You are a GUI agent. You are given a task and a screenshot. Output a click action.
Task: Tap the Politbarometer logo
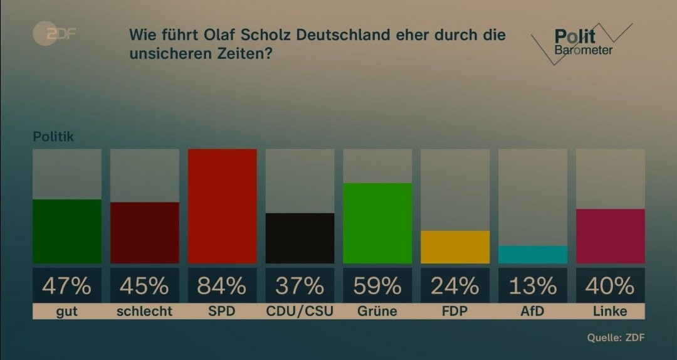click(x=582, y=43)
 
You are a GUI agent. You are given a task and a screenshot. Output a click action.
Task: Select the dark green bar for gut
click(x=67, y=231)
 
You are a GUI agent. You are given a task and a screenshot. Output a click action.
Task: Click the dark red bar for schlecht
click(x=145, y=232)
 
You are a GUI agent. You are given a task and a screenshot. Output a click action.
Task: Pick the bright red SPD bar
click(x=223, y=206)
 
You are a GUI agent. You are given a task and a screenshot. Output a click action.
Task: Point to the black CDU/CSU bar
click(x=300, y=238)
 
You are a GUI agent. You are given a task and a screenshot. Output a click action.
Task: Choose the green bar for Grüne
click(x=377, y=223)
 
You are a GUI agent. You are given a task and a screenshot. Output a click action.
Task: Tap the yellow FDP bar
click(x=455, y=246)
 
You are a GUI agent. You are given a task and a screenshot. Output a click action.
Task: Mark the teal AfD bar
click(x=533, y=254)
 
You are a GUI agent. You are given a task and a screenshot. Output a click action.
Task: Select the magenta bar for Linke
click(x=611, y=236)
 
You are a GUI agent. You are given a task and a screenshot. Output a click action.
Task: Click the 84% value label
click(x=222, y=286)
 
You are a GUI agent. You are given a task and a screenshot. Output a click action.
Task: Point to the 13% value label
click(x=533, y=286)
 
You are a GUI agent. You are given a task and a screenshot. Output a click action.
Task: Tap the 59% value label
click(x=377, y=286)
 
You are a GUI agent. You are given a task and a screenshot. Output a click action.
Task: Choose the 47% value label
click(x=67, y=286)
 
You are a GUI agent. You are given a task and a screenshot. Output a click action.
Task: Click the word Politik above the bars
click(x=53, y=137)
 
